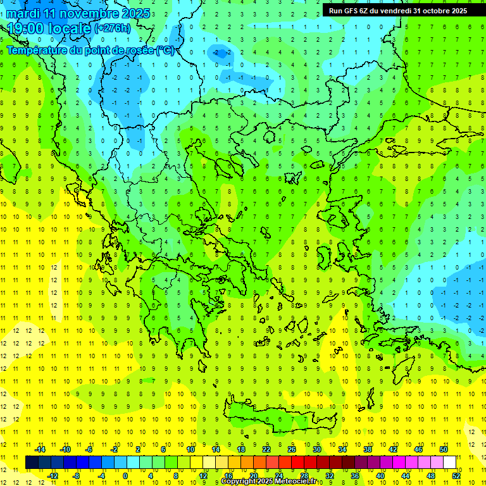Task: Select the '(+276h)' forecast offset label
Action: click(113, 28)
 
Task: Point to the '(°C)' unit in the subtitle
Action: click(165, 51)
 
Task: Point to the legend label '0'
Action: click(126, 476)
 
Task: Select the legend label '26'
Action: click(292, 449)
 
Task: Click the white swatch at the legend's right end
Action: click(449, 463)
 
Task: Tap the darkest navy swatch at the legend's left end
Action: click(32, 463)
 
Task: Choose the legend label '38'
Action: click(368, 449)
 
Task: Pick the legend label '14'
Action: click(216, 449)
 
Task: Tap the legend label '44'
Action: click(406, 476)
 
